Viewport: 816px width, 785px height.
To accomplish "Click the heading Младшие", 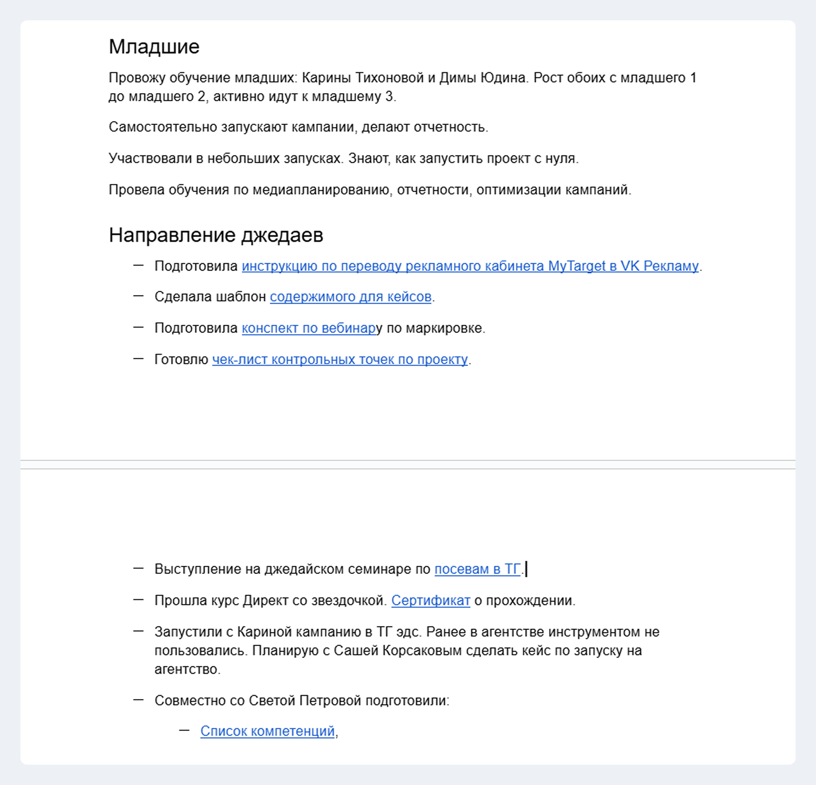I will coord(154,47).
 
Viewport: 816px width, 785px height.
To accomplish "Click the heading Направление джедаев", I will coord(216,235).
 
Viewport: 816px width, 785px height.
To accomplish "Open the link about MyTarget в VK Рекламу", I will coord(470,266).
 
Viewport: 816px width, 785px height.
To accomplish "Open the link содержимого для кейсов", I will coord(350,297).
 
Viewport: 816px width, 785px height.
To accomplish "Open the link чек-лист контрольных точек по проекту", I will coord(340,360).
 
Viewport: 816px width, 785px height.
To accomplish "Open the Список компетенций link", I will coord(267,731).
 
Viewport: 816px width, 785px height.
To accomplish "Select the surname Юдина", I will coord(503,78).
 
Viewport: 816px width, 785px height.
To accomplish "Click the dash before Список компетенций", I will coord(184,731).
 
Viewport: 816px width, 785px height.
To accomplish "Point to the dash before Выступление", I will coord(138,568).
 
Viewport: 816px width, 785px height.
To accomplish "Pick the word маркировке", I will coord(445,328).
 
